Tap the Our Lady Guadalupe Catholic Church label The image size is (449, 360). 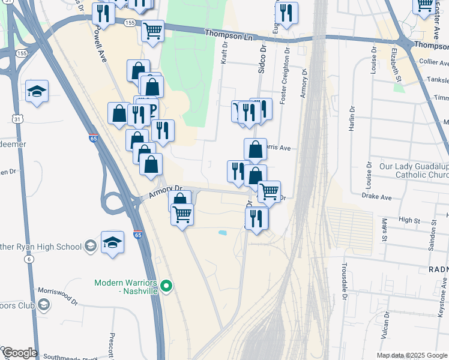click(x=414, y=170)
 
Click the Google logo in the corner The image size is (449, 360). click(x=19, y=353)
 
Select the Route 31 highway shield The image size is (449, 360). click(x=19, y=119)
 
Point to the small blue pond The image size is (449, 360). click(x=223, y=233)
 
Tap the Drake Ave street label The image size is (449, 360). click(x=376, y=197)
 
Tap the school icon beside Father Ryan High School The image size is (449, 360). click(x=90, y=246)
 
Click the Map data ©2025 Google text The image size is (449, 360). click(x=412, y=355)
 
